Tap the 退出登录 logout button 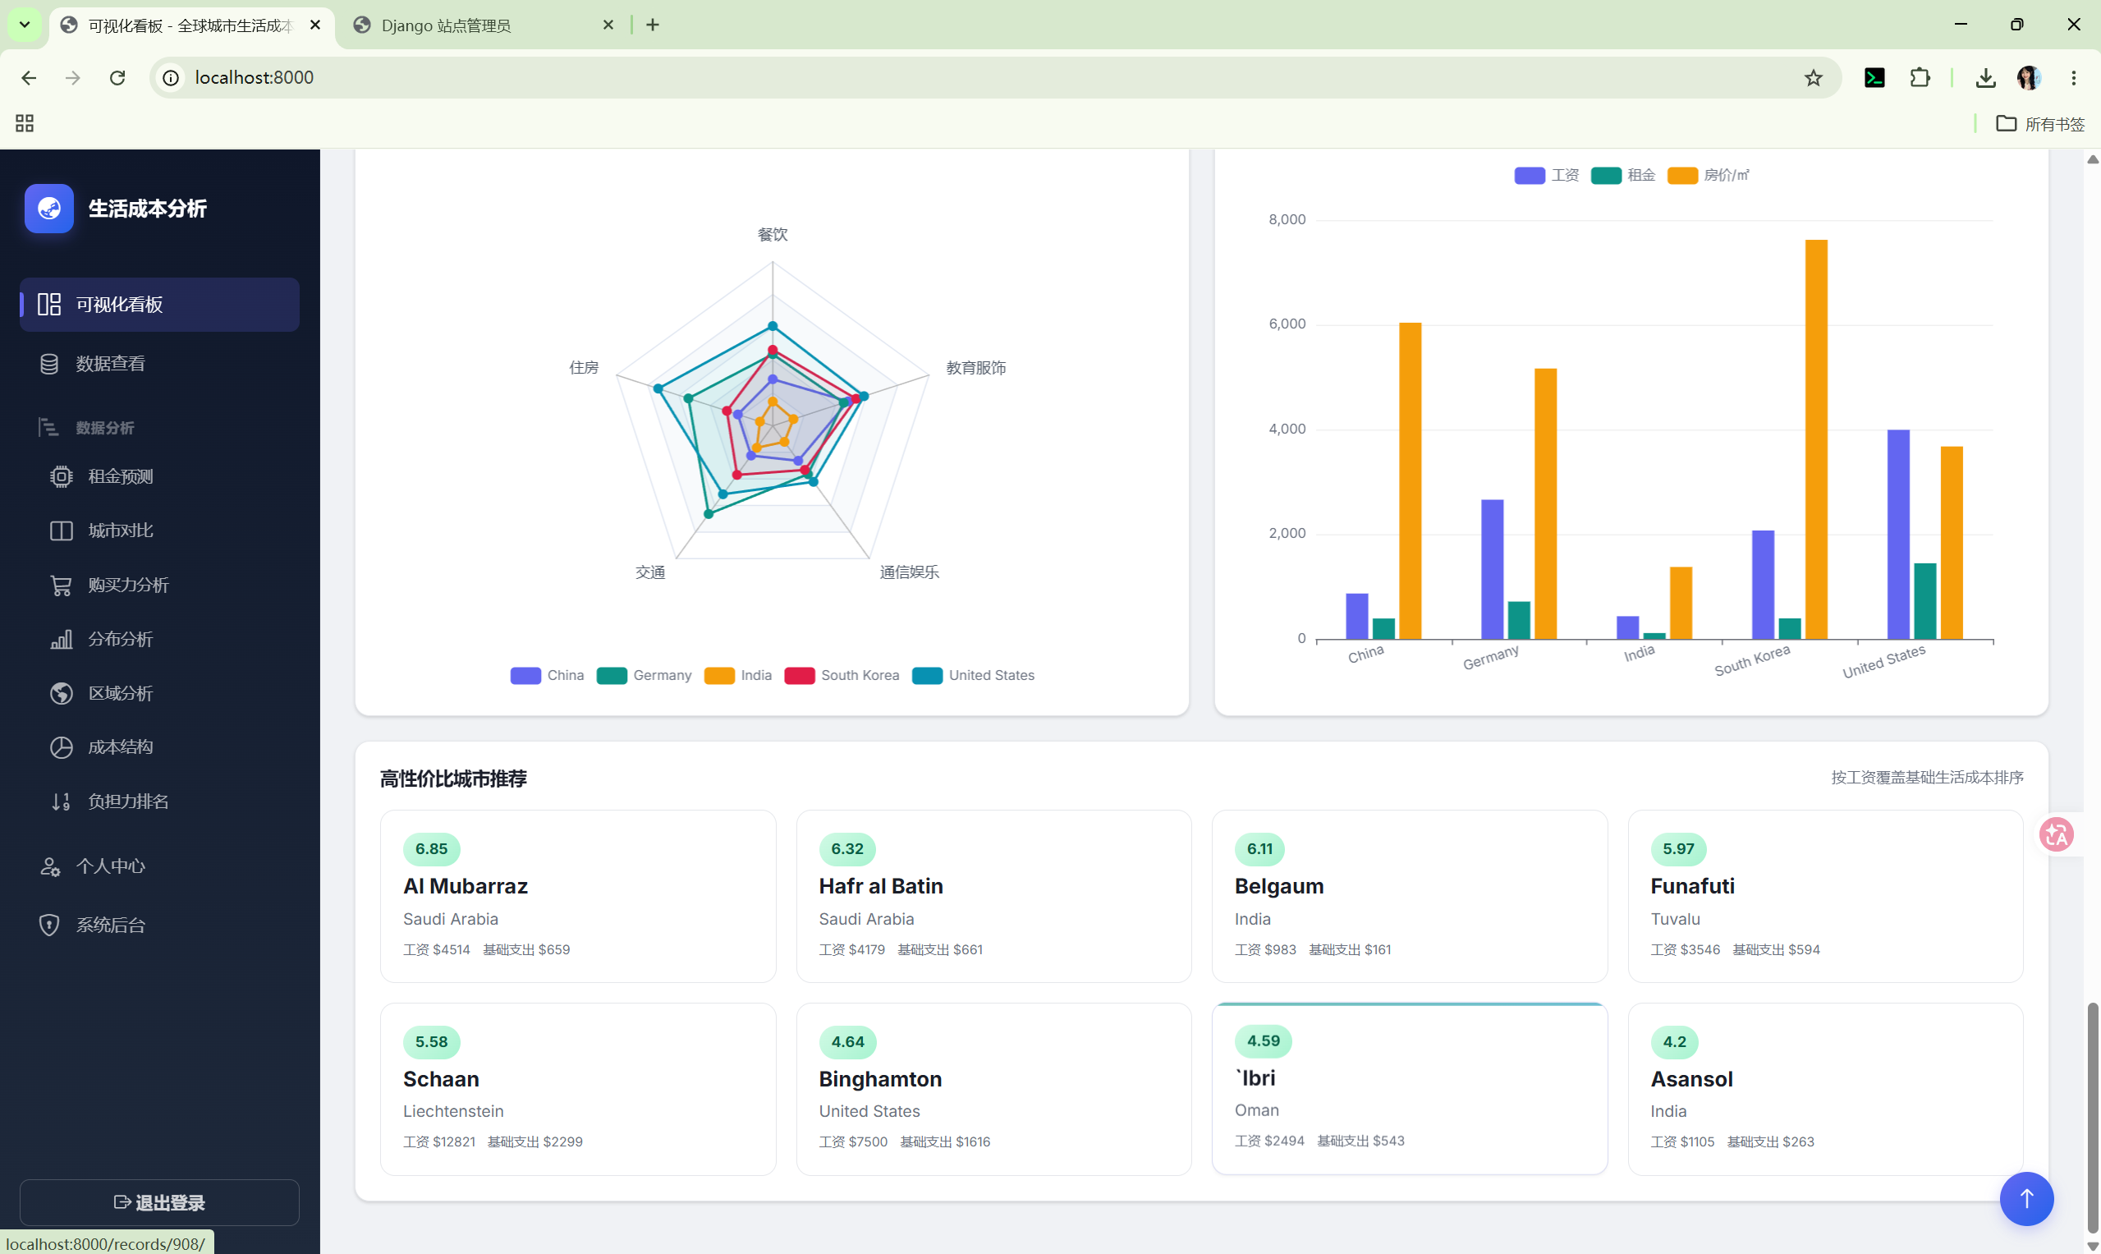[159, 1201]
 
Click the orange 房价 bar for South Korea [1816, 439]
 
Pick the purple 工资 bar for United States [1898, 534]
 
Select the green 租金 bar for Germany [1519, 620]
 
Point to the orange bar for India [1681, 603]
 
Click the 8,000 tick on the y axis [1287, 220]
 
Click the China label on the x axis [1365, 654]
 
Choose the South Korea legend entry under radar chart [842, 675]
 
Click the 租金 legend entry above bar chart [1623, 175]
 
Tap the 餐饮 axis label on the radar [772, 234]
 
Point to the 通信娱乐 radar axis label [909, 572]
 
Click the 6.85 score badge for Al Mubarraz [432, 848]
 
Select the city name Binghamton [880, 1079]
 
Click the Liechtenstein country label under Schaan [453, 1111]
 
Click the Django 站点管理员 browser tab [446, 25]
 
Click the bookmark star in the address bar [1813, 78]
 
